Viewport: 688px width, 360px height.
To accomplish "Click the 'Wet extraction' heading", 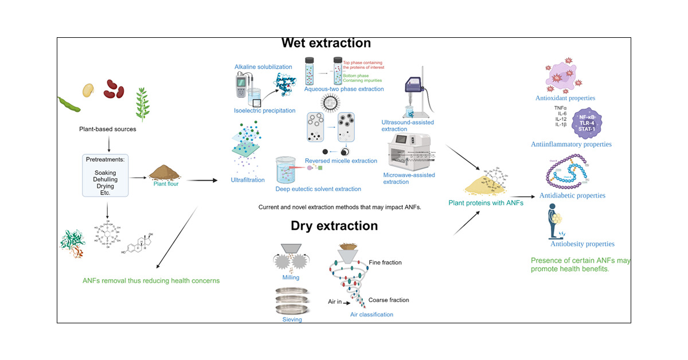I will (326, 43).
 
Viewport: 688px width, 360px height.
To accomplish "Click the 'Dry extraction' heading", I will (326, 226).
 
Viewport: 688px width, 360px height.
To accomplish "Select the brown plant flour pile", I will (165, 171).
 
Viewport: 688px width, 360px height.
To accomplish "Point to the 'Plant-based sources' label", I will (108, 129).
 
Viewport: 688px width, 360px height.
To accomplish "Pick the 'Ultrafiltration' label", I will (248, 180).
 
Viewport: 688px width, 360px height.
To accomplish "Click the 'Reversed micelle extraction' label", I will (341, 161).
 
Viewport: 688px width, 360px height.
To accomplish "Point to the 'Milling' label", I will (291, 277).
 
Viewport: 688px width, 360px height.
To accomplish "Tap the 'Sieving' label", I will (292, 320).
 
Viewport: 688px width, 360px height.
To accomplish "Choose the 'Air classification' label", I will (372, 314).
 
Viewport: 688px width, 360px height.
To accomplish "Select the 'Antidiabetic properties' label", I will (572, 195).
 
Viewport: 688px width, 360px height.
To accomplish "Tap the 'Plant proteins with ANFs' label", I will (486, 202).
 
